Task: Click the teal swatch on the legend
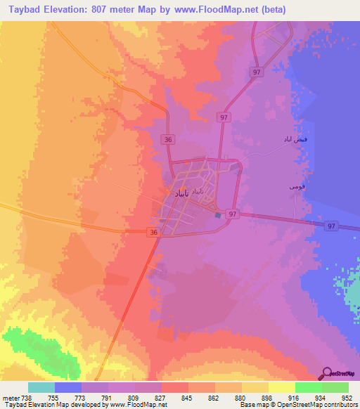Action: coord(41,387)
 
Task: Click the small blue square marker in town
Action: coord(218,215)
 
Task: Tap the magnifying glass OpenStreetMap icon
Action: coord(327,373)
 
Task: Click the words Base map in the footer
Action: coord(255,405)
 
